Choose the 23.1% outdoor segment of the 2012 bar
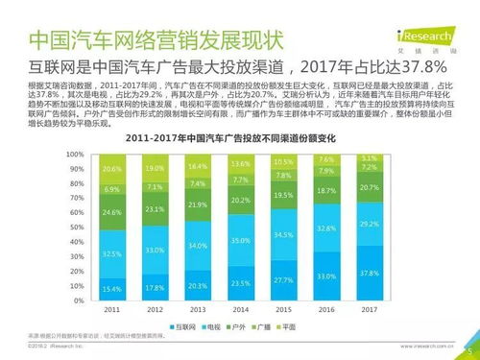(x=156, y=208)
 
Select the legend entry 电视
(x=220, y=326)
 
